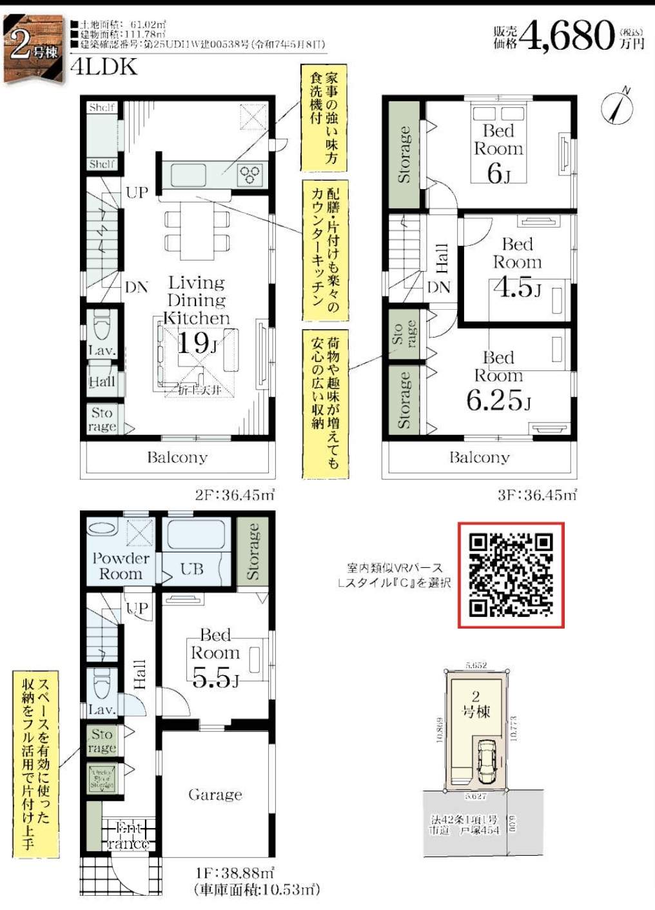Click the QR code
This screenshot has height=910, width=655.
coord(511,575)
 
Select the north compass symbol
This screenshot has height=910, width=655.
coord(617,107)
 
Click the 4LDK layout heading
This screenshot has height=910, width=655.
coord(104,67)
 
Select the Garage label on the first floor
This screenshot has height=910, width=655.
coord(215,794)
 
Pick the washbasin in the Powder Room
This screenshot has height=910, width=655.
coord(103,528)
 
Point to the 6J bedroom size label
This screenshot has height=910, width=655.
coord(498,173)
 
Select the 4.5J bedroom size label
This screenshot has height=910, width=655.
coord(517,287)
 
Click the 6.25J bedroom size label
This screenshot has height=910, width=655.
coord(498,400)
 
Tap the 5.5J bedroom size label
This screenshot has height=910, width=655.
coord(215,678)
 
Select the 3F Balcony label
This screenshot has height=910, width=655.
coord(479,458)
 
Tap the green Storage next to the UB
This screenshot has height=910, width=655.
coord(253,551)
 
